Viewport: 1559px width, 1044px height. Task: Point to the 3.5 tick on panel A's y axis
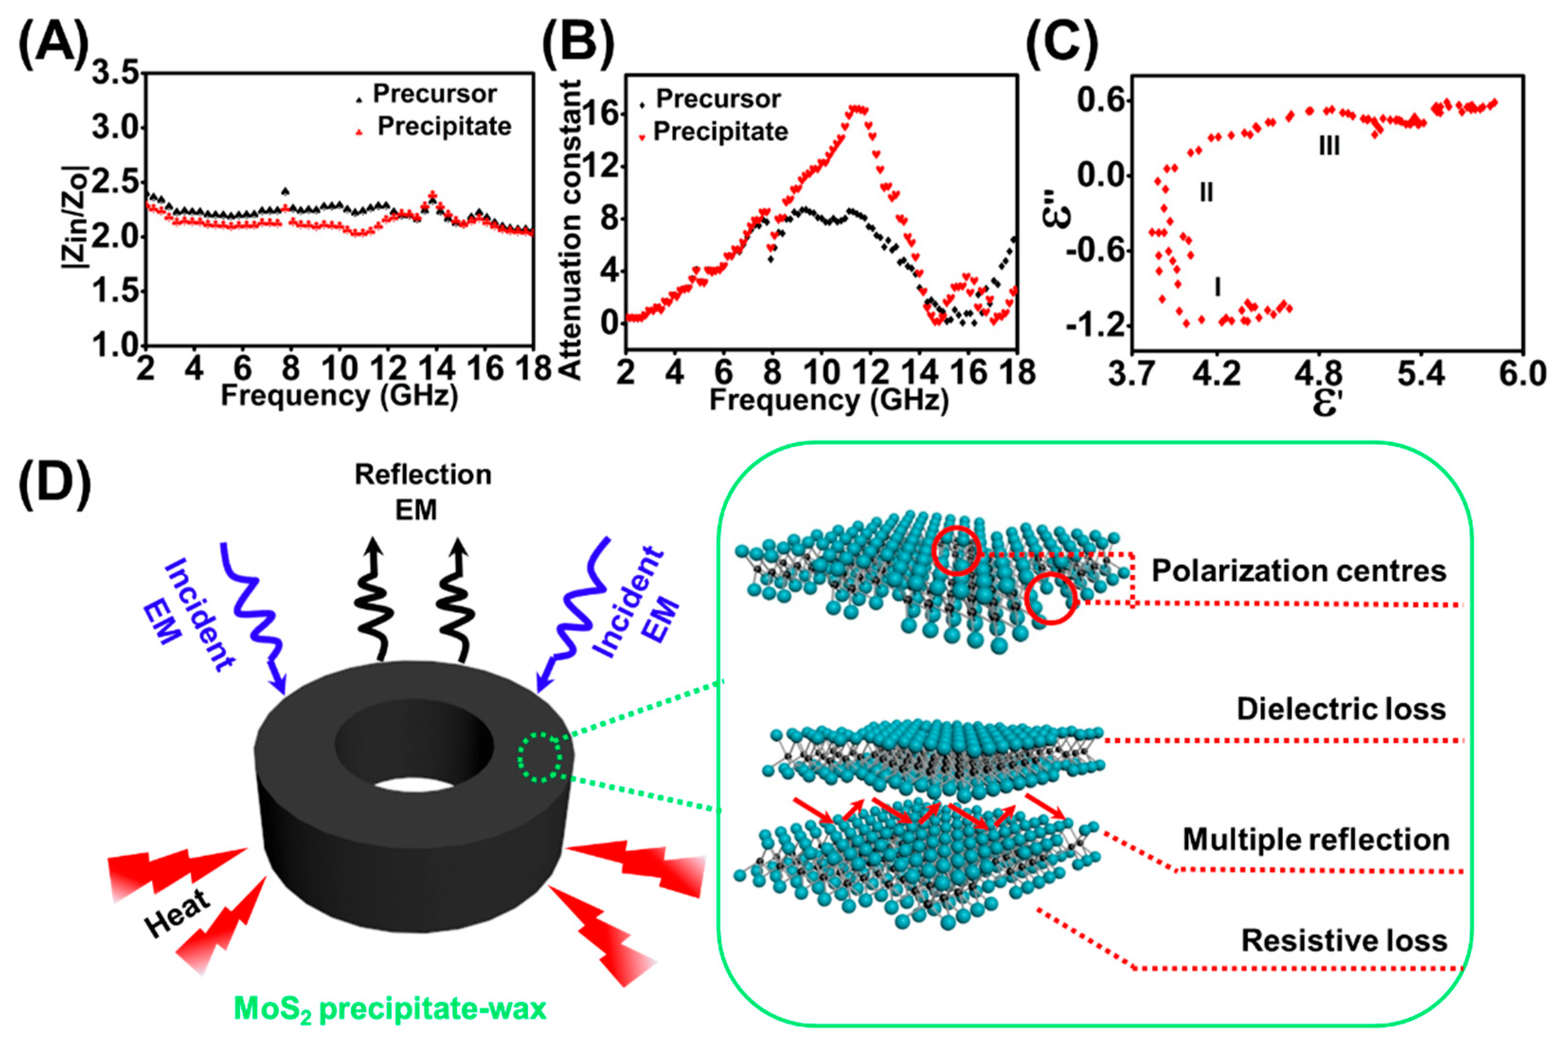point(115,72)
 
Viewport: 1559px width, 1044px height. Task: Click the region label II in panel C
point(1206,193)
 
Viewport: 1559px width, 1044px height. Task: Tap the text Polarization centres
point(1299,571)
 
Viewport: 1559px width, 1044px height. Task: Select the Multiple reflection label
point(1315,839)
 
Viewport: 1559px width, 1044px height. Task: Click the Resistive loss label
point(1344,941)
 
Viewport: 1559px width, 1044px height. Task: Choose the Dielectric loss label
point(1341,709)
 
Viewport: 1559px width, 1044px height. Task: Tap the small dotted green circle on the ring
point(540,757)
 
